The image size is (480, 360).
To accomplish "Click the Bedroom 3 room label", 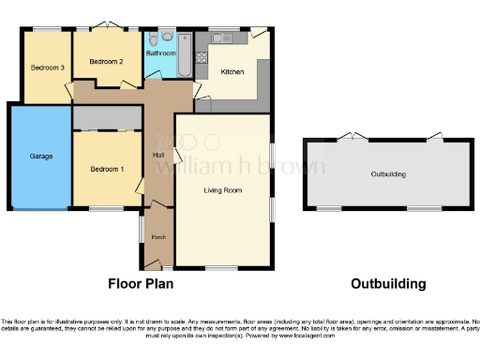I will (x=47, y=67).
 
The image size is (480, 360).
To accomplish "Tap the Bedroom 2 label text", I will (x=107, y=62).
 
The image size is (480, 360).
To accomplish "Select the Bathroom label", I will (x=160, y=54).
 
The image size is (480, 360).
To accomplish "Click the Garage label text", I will (x=40, y=156).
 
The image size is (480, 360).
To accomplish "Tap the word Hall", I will (x=159, y=156).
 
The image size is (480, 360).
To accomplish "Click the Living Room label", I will (x=223, y=190).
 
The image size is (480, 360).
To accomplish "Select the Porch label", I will (x=158, y=237).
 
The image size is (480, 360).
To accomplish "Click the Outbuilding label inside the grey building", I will (x=388, y=174).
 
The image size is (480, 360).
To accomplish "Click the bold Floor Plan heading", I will (x=141, y=283).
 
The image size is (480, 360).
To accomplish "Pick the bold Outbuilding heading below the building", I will (x=388, y=283).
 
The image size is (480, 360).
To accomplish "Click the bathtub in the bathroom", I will (x=184, y=46).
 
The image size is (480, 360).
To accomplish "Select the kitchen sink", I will (x=226, y=37).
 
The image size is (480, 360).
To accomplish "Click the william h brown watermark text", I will (x=239, y=167).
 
